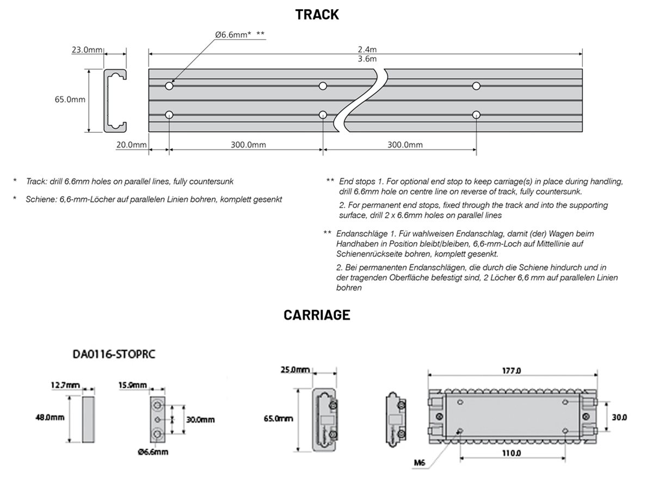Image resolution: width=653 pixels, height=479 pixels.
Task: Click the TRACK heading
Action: click(x=317, y=15)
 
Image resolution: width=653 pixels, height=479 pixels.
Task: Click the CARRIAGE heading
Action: click(x=317, y=315)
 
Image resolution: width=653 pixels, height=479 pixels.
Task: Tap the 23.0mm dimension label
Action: click(x=87, y=50)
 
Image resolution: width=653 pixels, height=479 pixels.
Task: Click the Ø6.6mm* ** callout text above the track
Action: click(x=239, y=34)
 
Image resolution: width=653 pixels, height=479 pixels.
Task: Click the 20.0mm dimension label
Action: click(x=132, y=144)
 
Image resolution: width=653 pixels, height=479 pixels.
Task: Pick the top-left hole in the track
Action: click(x=169, y=86)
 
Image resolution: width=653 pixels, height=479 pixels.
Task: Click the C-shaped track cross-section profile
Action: click(x=115, y=101)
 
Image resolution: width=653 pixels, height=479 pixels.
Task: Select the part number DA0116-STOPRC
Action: click(x=115, y=354)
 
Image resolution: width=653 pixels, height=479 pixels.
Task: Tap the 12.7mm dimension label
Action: click(x=65, y=385)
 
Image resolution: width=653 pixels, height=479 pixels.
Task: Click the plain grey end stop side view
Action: click(x=89, y=419)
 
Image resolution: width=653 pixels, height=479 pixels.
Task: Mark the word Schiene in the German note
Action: click(x=38, y=199)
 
